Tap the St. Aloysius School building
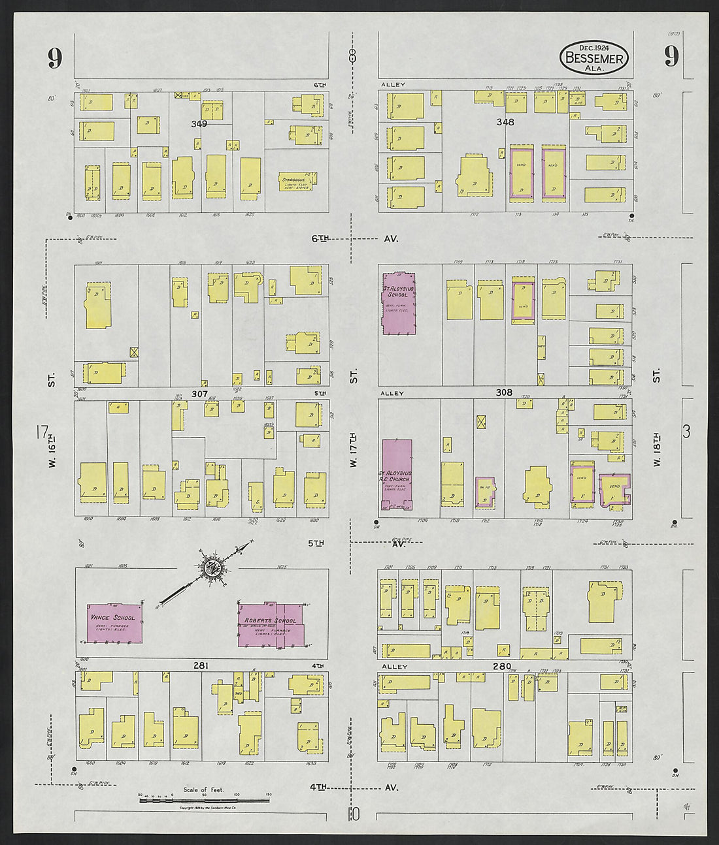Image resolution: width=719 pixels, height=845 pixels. click(399, 303)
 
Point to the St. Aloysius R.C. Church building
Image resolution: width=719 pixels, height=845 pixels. click(397, 475)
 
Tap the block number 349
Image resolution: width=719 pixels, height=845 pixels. click(199, 123)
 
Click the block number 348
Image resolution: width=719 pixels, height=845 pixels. click(505, 121)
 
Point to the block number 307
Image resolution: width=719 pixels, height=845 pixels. click(199, 394)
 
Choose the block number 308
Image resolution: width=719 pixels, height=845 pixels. click(504, 393)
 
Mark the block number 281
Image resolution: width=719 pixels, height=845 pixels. click(200, 665)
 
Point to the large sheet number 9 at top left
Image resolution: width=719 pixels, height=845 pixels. click(54, 59)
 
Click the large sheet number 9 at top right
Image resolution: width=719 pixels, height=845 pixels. click(671, 57)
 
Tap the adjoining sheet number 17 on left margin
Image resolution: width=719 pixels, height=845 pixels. click(43, 432)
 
